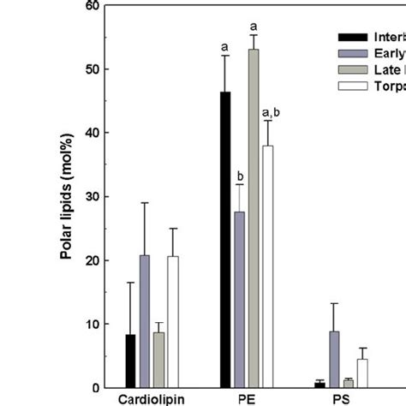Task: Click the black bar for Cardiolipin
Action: click(x=130, y=361)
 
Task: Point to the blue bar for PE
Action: click(x=239, y=300)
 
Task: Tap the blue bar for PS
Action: click(x=333, y=360)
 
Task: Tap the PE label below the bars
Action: click(x=247, y=399)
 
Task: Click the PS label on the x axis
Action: click(x=341, y=399)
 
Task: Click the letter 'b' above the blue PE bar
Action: click(x=240, y=177)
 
